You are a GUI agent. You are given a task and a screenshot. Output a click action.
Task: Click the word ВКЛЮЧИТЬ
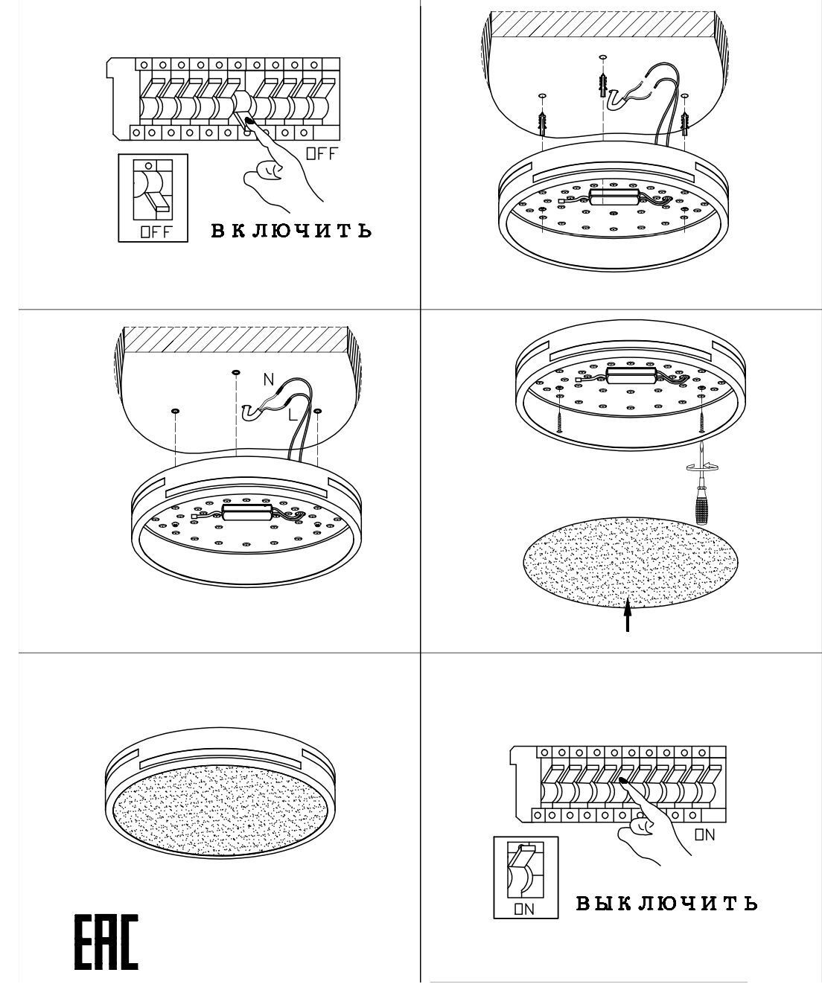(x=291, y=231)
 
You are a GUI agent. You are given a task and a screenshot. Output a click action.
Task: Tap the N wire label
(x=269, y=379)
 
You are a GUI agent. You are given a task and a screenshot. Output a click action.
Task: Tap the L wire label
(x=293, y=415)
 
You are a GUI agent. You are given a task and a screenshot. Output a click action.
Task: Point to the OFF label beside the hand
(x=322, y=153)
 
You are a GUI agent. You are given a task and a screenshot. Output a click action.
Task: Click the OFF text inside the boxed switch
(x=156, y=232)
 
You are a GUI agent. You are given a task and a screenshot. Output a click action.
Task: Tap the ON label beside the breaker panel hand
(x=704, y=834)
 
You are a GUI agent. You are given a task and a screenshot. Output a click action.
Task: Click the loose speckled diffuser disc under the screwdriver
(x=631, y=562)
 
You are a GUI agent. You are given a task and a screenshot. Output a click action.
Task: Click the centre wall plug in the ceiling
(x=602, y=85)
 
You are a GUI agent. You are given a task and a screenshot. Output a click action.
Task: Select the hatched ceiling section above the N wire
(x=236, y=339)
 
